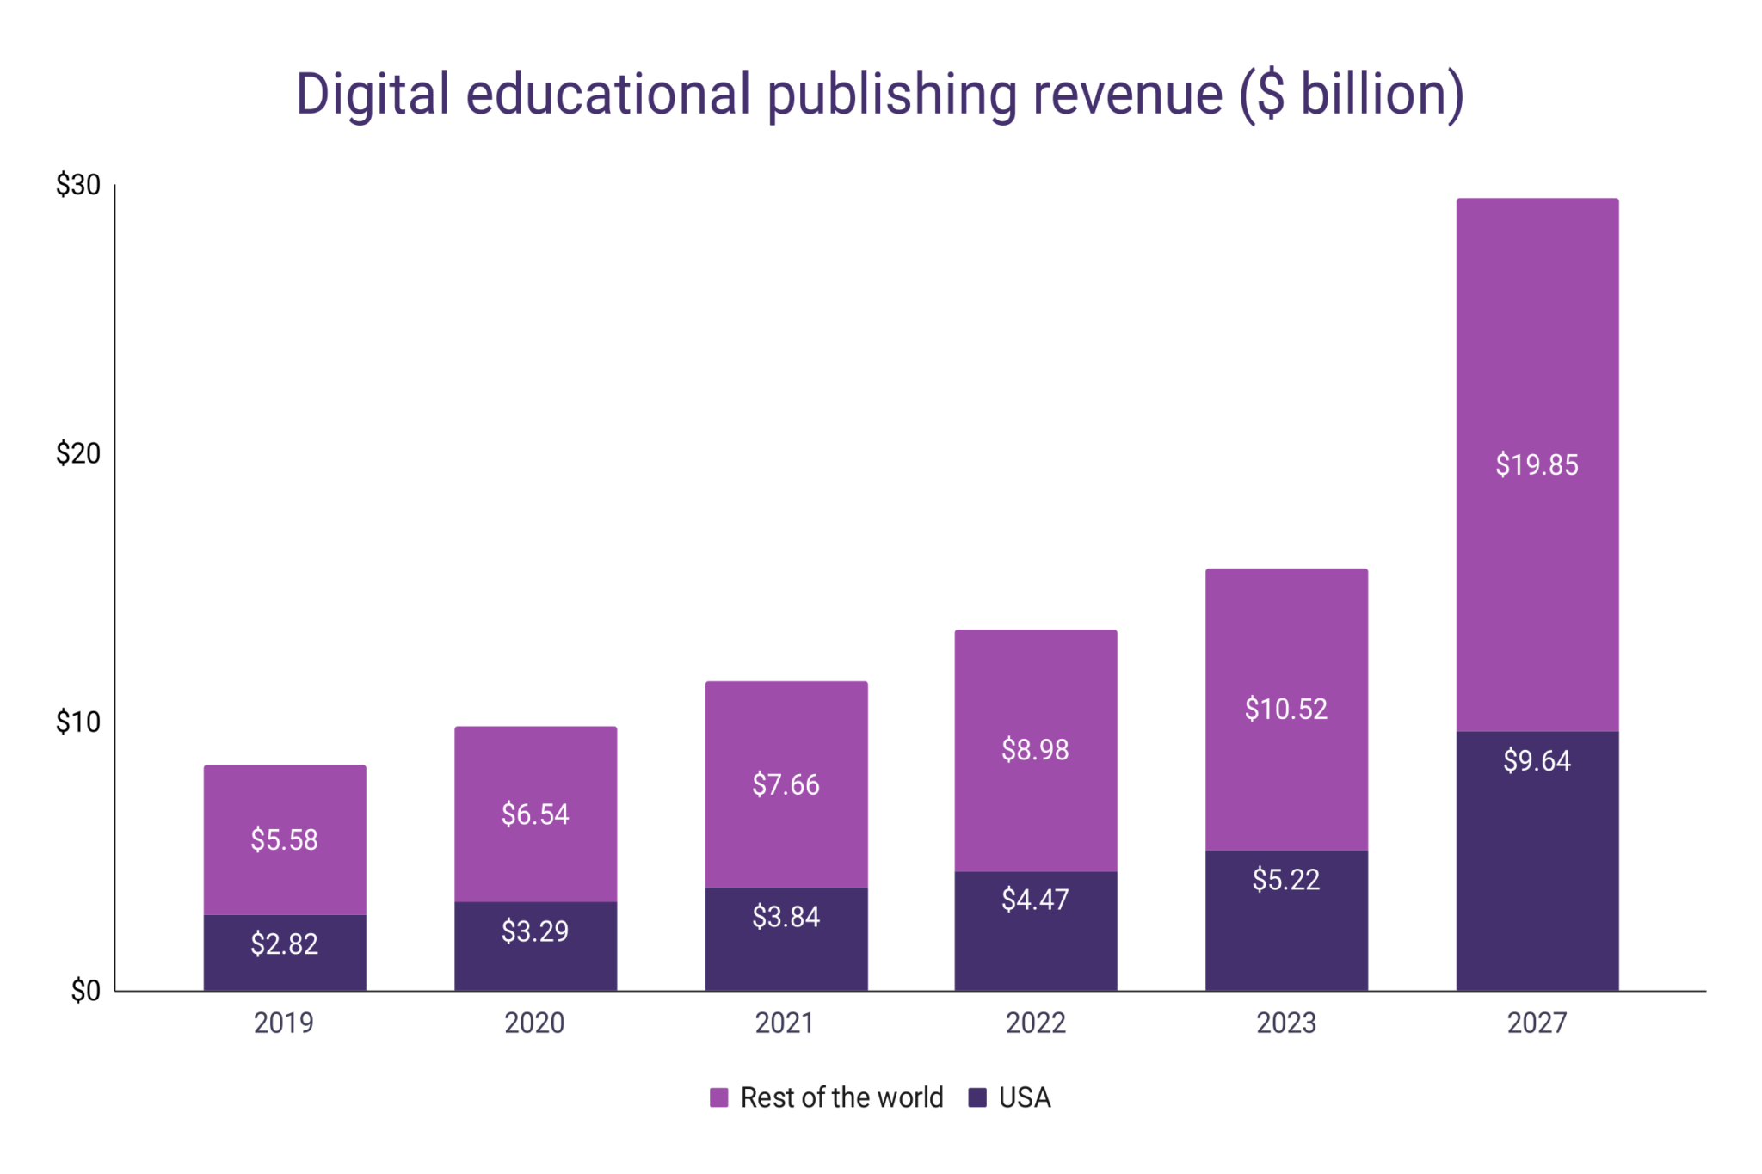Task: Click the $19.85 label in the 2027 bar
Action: (1537, 464)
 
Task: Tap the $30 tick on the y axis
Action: (78, 185)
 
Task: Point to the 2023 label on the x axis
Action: (1286, 1023)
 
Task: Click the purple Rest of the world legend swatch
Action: (718, 1097)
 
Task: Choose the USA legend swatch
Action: (977, 1097)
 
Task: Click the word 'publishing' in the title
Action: (891, 95)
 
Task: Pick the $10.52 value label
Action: (1286, 709)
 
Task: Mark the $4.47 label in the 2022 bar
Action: (1035, 900)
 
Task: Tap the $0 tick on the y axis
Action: (85, 991)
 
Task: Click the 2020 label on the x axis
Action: (534, 1023)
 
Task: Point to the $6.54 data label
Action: (535, 814)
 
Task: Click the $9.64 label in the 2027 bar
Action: (1537, 761)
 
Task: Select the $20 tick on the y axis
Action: (78, 453)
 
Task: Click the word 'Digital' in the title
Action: (373, 95)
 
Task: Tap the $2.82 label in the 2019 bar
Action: (285, 944)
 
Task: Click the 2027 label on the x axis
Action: (1537, 1023)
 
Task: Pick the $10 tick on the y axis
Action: (78, 722)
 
